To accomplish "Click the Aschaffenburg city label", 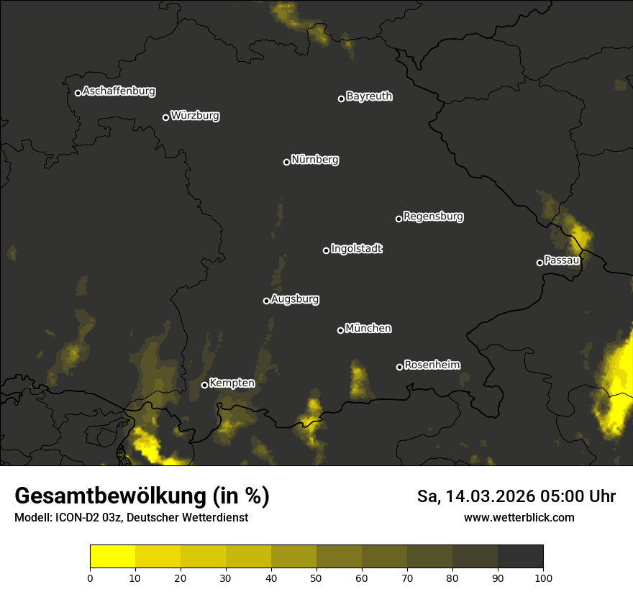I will (x=119, y=91).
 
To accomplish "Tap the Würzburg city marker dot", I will (x=165, y=117).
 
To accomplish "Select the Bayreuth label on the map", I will (x=369, y=96).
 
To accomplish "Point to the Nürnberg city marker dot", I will (x=286, y=162).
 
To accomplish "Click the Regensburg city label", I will (x=433, y=217).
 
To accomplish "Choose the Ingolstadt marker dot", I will (x=326, y=250).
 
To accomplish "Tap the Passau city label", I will (x=562, y=260).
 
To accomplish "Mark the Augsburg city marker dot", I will (x=266, y=301).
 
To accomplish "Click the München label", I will (x=368, y=329).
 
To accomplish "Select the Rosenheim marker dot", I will (x=399, y=367).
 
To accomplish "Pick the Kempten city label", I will (x=232, y=383).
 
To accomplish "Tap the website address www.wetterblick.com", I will (x=519, y=517).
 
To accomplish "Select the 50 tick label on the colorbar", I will (x=316, y=577).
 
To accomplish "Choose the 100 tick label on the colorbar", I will (x=542, y=577).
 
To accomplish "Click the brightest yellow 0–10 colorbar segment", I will (x=112, y=557).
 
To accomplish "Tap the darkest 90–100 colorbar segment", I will (x=520, y=557).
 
